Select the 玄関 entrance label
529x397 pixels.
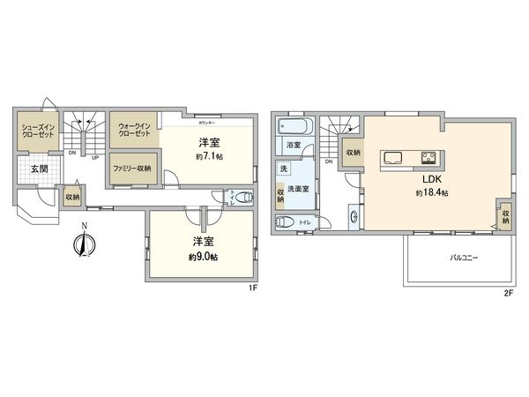click(40, 169)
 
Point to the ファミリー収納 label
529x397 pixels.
click(131, 168)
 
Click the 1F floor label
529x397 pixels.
click(252, 287)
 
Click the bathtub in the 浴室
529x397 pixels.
click(294, 127)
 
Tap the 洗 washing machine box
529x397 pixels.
click(284, 168)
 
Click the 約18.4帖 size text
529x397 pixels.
click(432, 193)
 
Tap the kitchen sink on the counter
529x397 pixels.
click(392, 159)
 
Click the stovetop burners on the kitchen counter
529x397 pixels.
click(429, 159)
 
